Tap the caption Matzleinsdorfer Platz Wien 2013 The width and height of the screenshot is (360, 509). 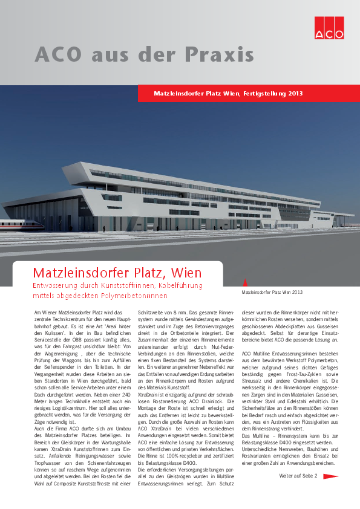click(272, 292)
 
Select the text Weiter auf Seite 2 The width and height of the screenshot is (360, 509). click(298, 476)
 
